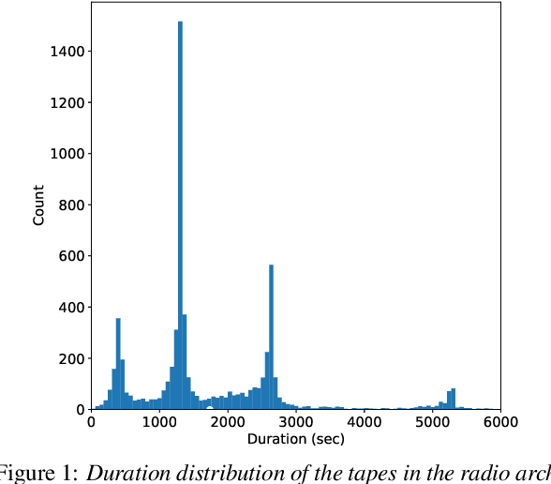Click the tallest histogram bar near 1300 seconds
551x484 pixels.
[180, 216]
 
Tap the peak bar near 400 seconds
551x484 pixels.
[118, 366]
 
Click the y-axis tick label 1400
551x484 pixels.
[65, 51]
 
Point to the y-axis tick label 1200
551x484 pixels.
[65, 102]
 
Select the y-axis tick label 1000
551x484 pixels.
[65, 154]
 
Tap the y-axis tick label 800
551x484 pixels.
[68, 204]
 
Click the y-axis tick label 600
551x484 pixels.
[68, 256]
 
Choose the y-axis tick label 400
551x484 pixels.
[68, 308]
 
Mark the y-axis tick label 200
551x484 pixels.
[68, 358]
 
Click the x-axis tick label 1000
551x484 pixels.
[158, 423]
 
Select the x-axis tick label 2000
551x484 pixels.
[227, 423]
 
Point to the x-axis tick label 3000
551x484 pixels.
[295, 423]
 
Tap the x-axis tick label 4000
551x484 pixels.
[364, 423]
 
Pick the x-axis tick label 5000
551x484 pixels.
[432, 423]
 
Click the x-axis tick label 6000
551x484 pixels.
[499, 423]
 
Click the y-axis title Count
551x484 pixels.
[38, 206]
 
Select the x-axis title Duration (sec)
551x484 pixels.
[295, 439]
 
